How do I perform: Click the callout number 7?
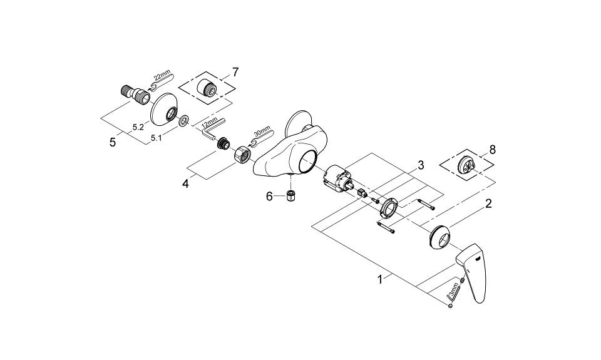235,72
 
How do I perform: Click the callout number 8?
493,150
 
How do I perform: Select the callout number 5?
112,143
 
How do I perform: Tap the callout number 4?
185,184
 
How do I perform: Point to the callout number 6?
269,197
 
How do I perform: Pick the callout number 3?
421,166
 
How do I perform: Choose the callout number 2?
488,203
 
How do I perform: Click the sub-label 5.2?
138,127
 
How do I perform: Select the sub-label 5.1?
156,137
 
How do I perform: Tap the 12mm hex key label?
209,123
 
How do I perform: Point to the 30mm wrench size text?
262,132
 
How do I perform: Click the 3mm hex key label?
455,289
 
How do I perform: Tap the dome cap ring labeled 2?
439,238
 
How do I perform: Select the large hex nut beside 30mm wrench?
242,154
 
